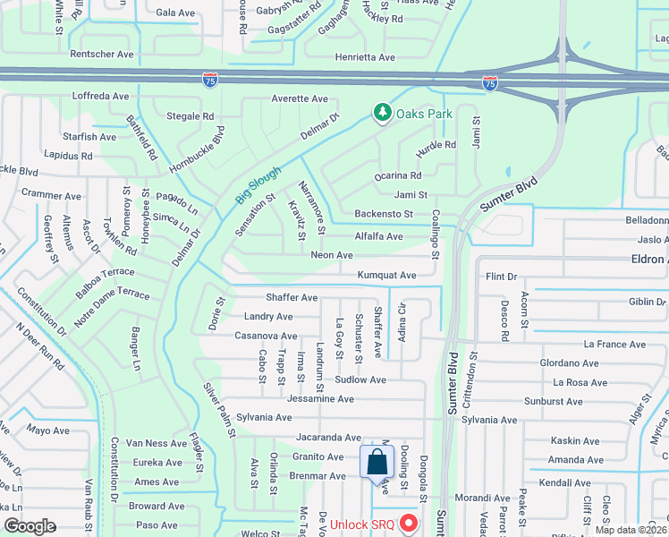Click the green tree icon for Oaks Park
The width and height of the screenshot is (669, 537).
[x=383, y=112]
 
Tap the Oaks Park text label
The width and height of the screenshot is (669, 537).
[x=425, y=114]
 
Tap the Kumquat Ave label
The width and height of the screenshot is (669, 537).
[x=386, y=276]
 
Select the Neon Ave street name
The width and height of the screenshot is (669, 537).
[x=332, y=255]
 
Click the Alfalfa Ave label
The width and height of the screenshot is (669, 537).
[x=378, y=236]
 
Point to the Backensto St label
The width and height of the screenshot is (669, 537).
[x=384, y=214]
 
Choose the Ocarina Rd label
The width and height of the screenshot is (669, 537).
[x=398, y=175]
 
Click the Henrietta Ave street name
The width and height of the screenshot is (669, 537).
[x=364, y=57]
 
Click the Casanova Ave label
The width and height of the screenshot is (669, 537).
[x=266, y=336]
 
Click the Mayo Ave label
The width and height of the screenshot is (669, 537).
[x=47, y=430]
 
